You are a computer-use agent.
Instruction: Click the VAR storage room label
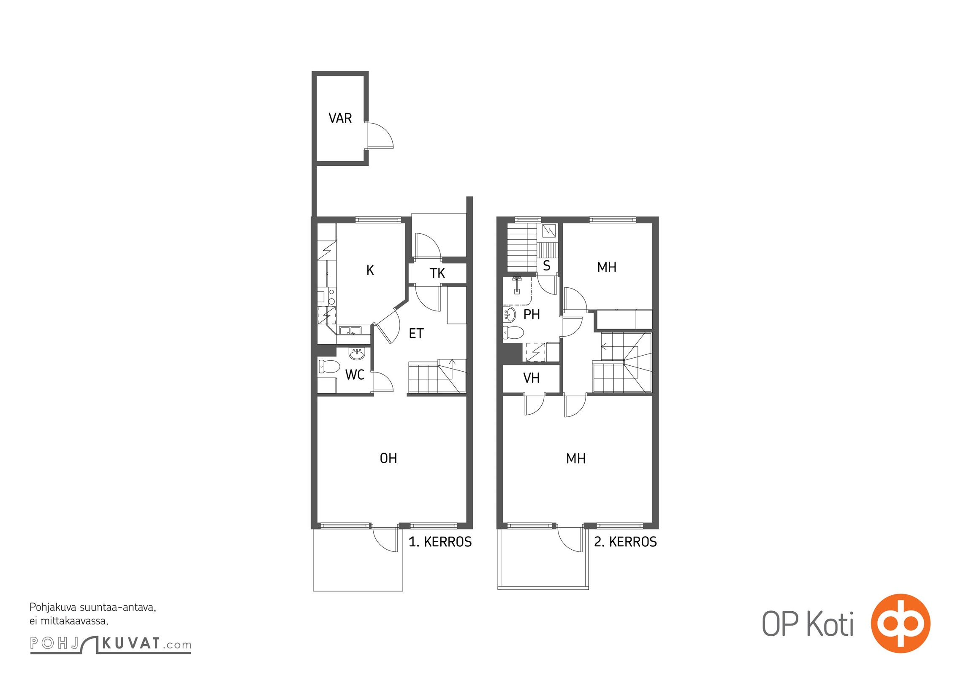tap(340, 118)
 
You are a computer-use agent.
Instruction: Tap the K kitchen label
tap(370, 270)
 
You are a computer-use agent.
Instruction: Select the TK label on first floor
tap(437, 273)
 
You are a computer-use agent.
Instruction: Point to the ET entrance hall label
tap(416, 334)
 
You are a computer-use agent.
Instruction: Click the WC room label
tap(355, 375)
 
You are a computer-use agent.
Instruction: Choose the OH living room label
tap(388, 458)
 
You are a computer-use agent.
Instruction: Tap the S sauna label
tap(546, 266)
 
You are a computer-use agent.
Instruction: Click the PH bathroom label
tap(532, 314)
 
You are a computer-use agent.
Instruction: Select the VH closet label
tap(531, 378)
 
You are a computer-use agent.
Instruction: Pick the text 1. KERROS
tap(440, 542)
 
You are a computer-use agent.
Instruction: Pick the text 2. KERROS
tap(625, 542)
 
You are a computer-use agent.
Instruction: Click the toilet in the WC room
tap(329, 367)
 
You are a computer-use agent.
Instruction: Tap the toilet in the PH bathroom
tap(513, 332)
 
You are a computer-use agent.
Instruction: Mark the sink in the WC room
tap(357, 354)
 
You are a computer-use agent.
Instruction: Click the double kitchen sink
tap(350, 331)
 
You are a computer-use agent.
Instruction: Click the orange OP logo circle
tap(901, 623)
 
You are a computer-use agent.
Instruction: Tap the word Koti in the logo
tap(830, 624)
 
